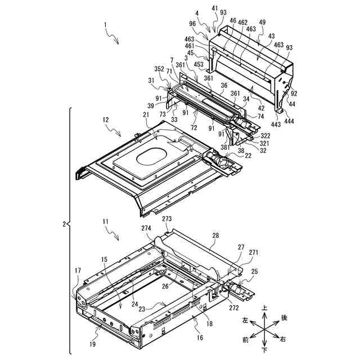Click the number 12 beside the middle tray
coord(105,120)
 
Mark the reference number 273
coord(168,218)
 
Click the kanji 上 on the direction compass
coord(265,309)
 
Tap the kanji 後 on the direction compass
coord(284,318)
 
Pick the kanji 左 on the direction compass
coord(245,320)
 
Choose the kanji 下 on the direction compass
coord(265,351)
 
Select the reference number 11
coord(105,223)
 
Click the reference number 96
coord(192,24)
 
